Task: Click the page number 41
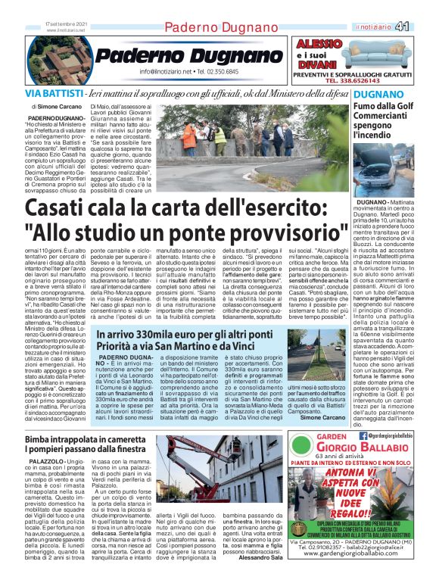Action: point(423,27)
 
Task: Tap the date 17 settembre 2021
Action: point(66,27)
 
